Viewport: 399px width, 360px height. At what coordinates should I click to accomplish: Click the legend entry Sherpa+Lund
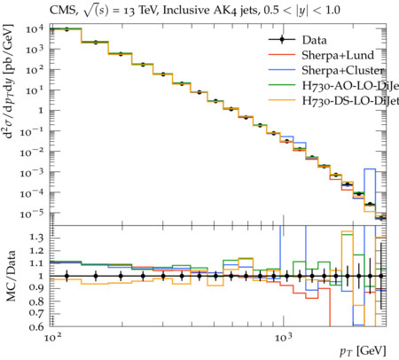tap(338, 55)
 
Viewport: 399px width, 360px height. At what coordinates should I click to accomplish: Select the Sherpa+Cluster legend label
tap(343, 70)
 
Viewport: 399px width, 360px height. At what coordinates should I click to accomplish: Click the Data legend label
tap(314, 40)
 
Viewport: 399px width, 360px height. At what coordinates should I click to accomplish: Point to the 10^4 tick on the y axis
tap(35, 29)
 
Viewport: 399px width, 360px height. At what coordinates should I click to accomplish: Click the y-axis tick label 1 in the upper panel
tap(41, 111)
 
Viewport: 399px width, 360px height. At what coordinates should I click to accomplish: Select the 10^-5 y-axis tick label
tap(32, 214)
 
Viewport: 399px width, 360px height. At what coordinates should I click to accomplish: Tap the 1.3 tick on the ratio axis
tap(36, 238)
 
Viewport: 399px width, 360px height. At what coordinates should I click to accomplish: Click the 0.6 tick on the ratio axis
tap(36, 326)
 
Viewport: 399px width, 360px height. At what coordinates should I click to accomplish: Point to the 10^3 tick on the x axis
tap(284, 338)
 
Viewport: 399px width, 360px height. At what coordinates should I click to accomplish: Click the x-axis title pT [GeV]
tap(363, 351)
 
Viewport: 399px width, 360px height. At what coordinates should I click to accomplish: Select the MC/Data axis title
tap(11, 276)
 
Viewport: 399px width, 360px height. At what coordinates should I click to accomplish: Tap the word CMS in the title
tap(63, 11)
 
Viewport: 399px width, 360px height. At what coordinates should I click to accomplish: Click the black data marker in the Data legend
tap(282, 40)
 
